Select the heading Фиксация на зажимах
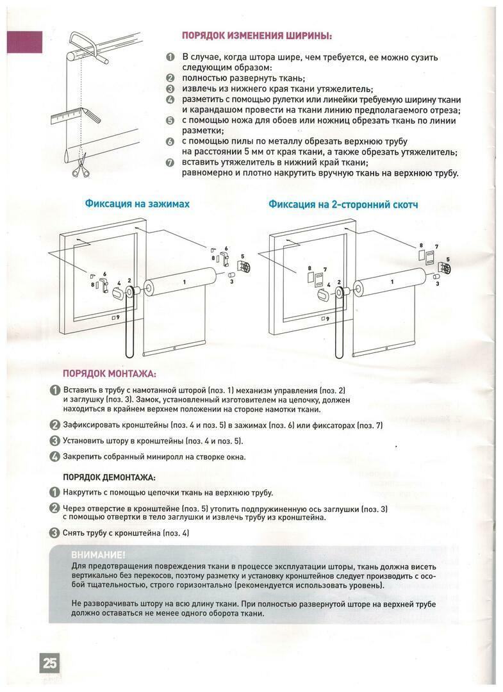coord(137,204)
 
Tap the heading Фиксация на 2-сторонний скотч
coord(343,204)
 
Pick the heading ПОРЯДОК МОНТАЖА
coord(109,374)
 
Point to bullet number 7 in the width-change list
coord(170,162)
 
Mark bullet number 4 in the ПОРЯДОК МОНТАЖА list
coord(55,457)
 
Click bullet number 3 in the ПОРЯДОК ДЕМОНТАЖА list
coord(55,532)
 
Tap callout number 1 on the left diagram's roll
coord(183,282)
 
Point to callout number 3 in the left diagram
coord(231,281)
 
